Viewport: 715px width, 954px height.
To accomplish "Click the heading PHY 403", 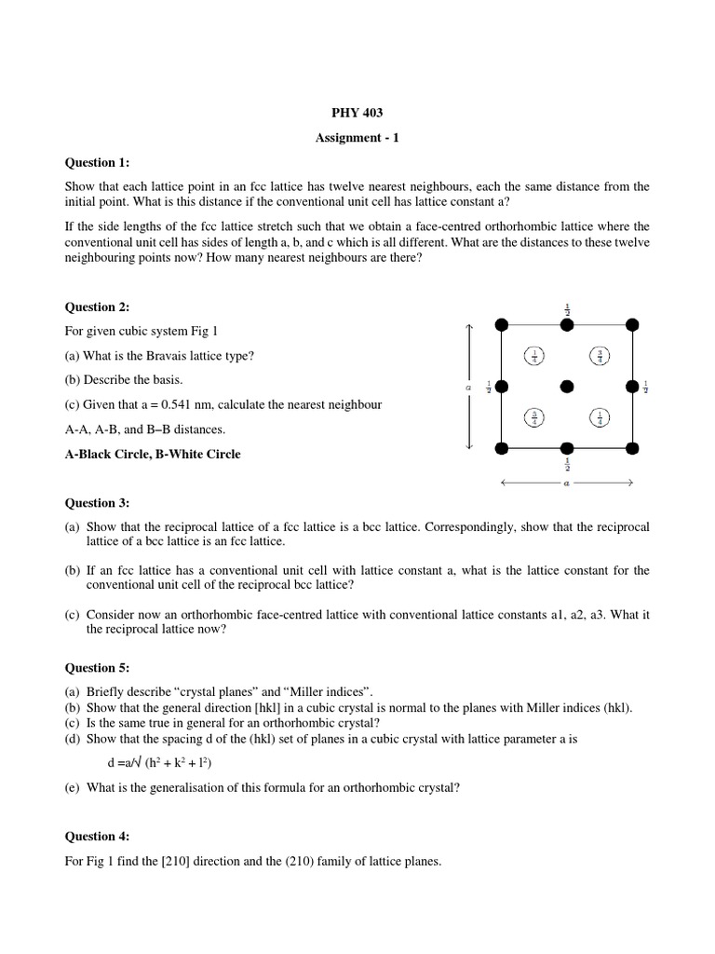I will point(357,113).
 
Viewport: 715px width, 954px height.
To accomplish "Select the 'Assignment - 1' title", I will point(357,137).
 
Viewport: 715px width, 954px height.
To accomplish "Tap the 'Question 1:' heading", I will point(97,162).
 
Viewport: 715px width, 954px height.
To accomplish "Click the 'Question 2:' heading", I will point(97,307).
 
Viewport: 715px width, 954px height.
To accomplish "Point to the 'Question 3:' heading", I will point(97,503).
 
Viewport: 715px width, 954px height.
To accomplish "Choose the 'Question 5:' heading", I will point(97,668).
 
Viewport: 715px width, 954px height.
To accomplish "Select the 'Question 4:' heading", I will point(97,838).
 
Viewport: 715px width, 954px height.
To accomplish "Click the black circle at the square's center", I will point(567,386).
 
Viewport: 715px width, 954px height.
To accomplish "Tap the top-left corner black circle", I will point(501,323).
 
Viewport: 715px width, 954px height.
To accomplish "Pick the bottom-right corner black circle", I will point(633,448).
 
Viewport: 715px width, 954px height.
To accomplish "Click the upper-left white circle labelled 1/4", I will point(534,355).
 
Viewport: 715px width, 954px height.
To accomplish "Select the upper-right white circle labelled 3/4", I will point(600,355).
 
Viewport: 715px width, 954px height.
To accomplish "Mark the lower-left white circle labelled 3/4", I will point(534,417).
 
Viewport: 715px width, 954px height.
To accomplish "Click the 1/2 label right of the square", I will point(646,386).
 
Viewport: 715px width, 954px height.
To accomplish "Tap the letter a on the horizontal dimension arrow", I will point(567,483).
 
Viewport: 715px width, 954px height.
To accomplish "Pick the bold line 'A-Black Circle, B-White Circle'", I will point(152,455).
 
